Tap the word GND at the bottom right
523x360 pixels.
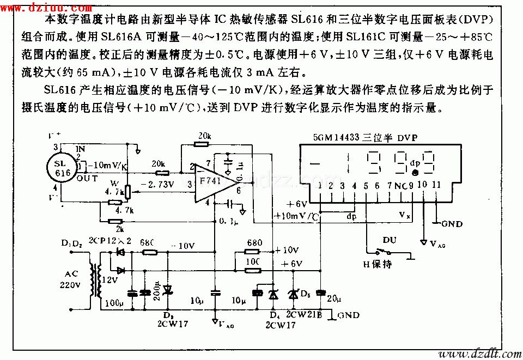coord(349,315)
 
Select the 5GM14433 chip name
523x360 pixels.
coord(336,138)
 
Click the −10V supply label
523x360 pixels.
coord(184,246)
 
